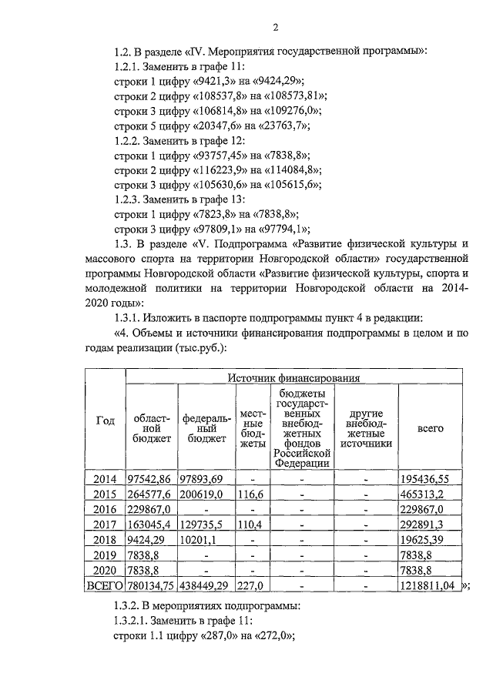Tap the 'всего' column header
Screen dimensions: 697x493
tap(430, 428)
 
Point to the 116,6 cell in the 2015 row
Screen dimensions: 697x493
tap(250, 494)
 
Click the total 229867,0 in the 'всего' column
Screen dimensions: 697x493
tap(421, 510)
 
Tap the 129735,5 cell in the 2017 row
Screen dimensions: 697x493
tap(202, 524)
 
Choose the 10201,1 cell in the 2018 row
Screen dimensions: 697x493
tap(199, 539)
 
